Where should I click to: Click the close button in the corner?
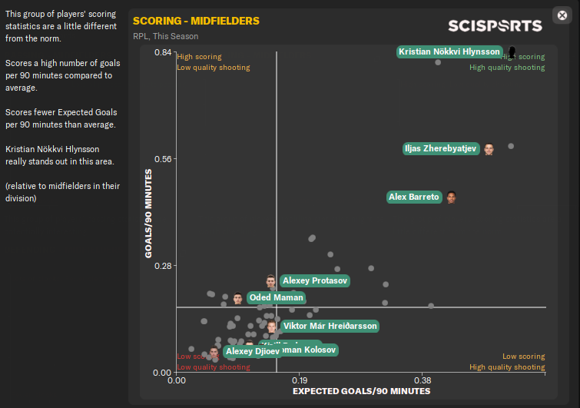pos(561,15)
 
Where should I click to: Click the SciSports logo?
pos(495,25)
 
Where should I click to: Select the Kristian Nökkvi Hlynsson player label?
pos(450,51)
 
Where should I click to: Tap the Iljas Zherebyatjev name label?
pos(441,149)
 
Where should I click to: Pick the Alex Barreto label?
pos(414,197)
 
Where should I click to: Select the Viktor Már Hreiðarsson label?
pos(330,326)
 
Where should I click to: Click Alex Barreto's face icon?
pos(451,197)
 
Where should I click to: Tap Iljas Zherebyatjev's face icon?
pos(489,149)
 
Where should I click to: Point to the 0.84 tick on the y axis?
pos(162,52)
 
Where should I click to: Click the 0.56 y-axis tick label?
pos(162,159)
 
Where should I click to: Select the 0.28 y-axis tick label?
pos(162,266)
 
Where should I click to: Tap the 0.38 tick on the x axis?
pos(423,380)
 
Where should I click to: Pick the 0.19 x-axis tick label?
pos(300,380)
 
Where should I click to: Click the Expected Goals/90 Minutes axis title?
pos(361,391)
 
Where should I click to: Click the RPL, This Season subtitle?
pos(165,36)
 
